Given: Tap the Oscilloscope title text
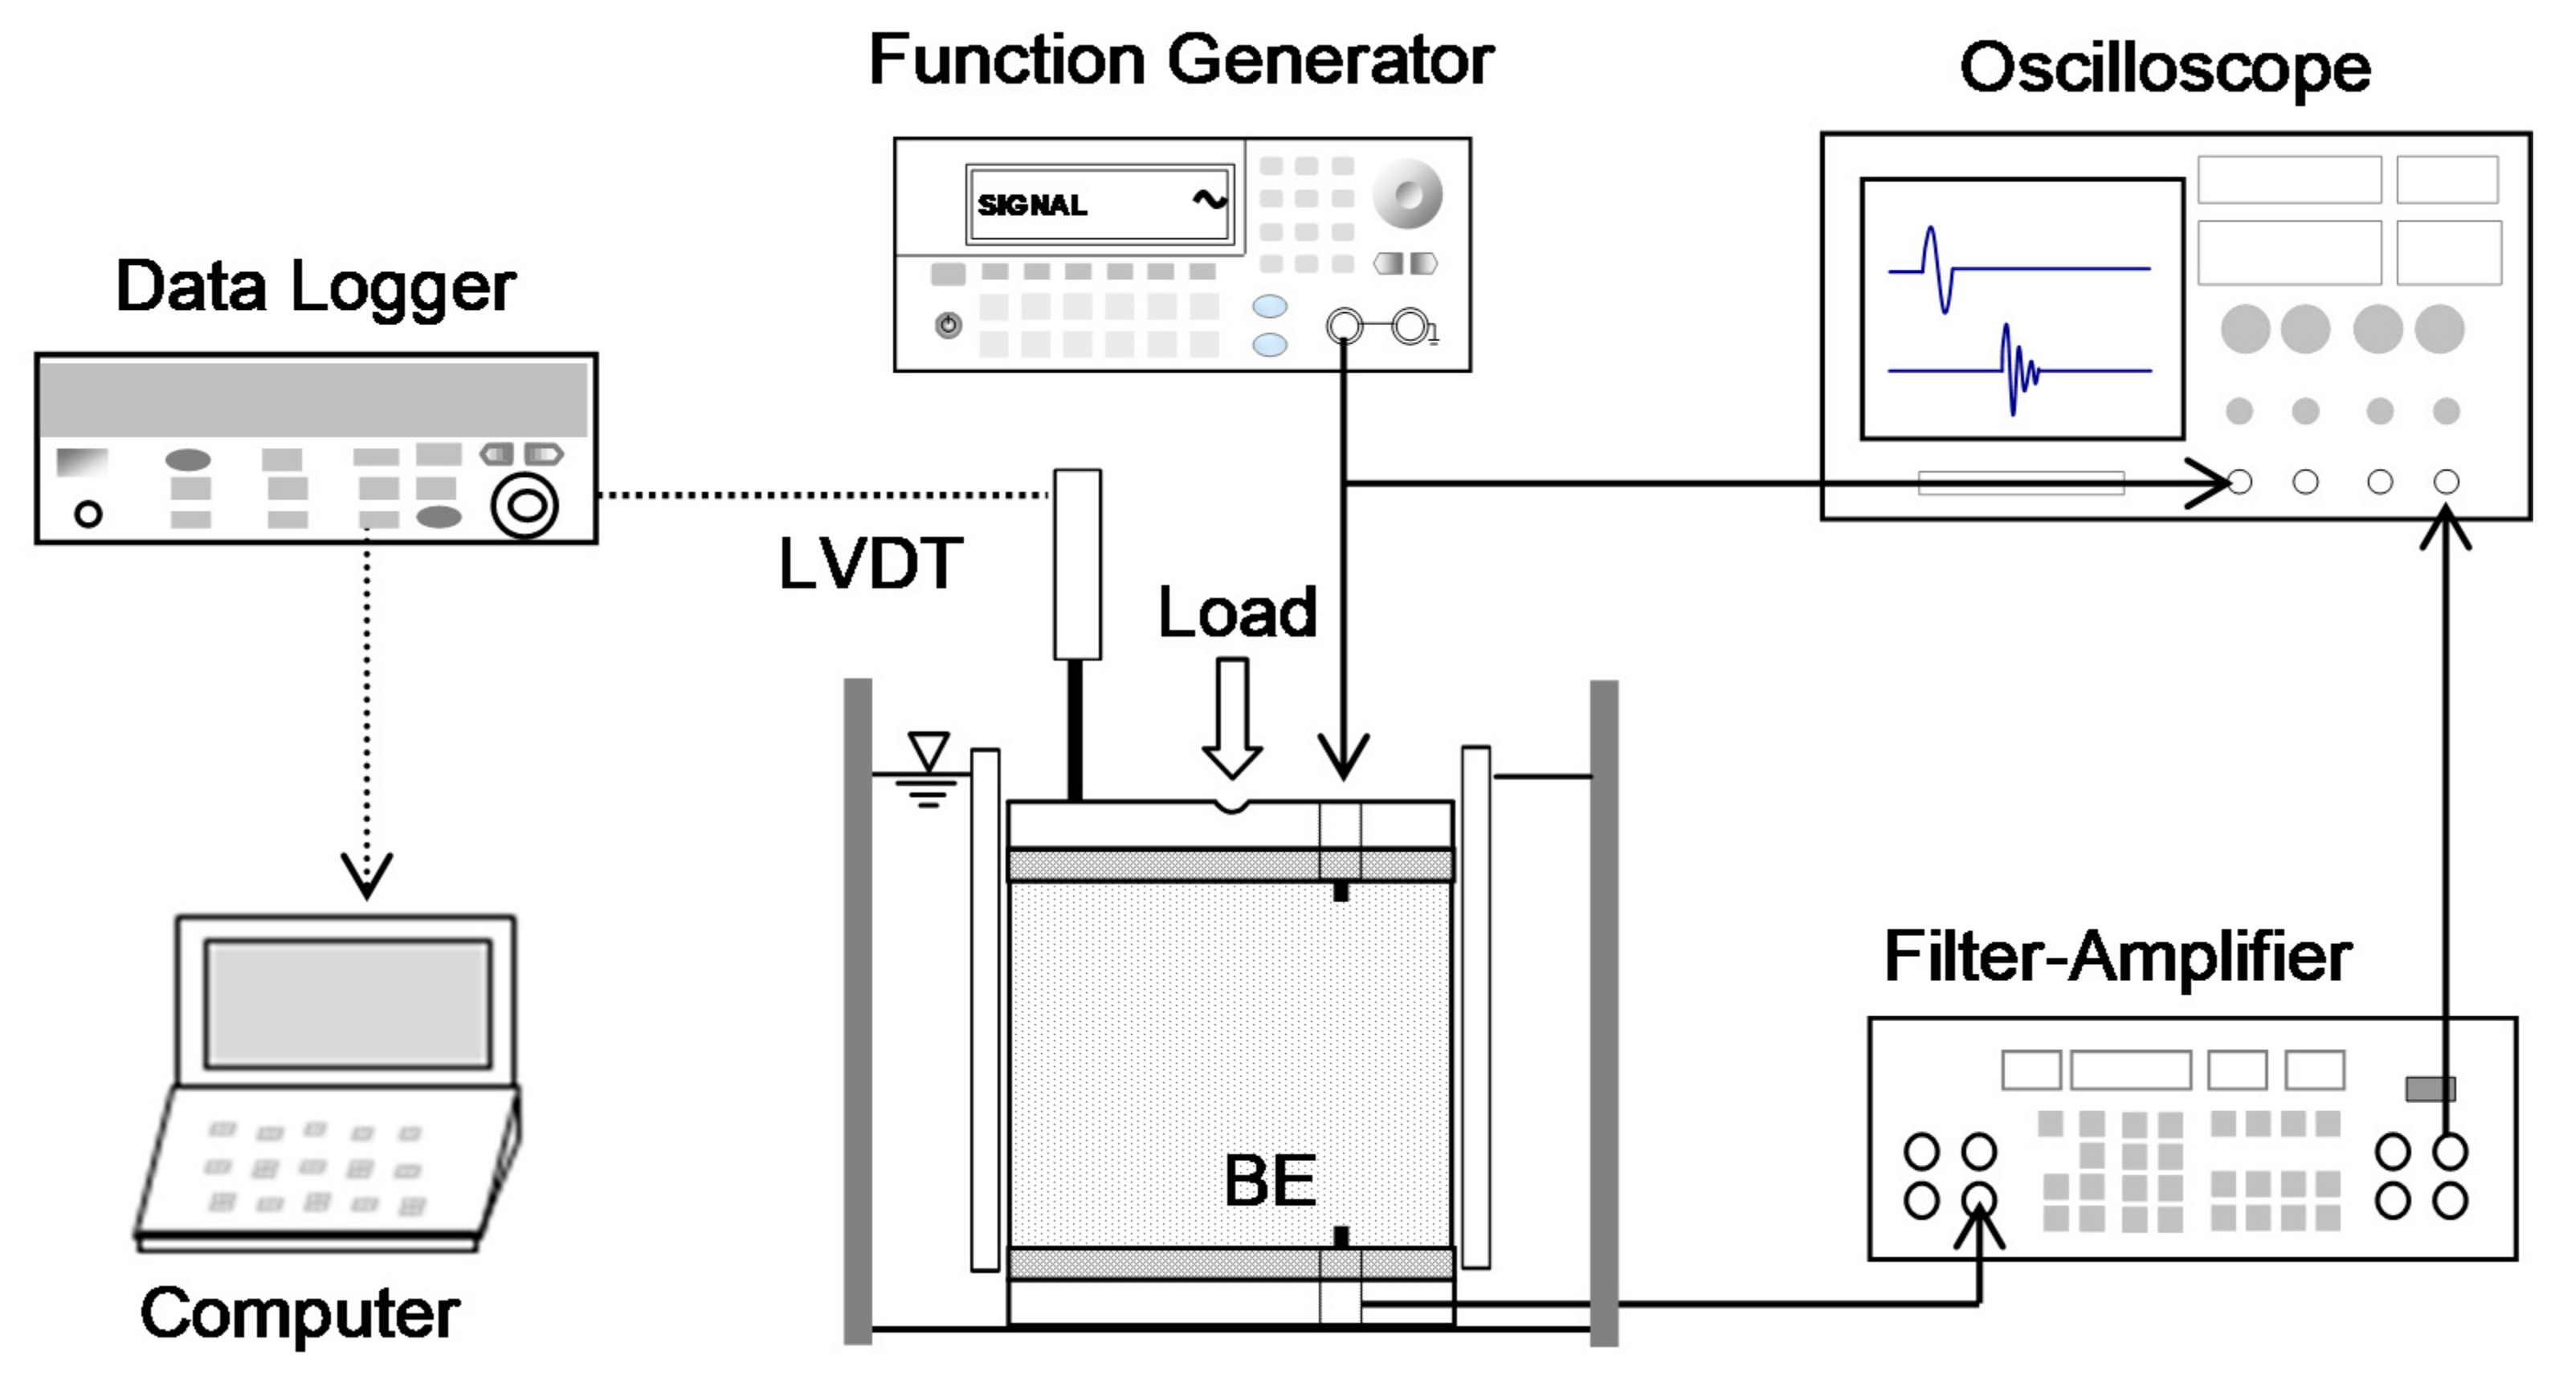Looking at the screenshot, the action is (x=2165, y=69).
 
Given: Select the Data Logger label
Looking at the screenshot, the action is (x=315, y=287).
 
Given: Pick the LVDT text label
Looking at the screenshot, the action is (x=871, y=564).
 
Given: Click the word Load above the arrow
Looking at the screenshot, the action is (x=1237, y=612).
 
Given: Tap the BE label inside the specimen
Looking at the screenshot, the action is (x=1271, y=1180).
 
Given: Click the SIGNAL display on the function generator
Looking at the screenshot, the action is (x=1100, y=204).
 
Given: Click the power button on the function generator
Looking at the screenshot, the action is (x=949, y=324).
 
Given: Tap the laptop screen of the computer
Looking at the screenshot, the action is (x=348, y=1003).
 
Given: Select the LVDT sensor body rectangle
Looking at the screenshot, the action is (x=1077, y=564).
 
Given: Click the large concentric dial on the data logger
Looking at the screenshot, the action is (x=524, y=506).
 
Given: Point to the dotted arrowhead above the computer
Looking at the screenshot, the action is (x=366, y=874).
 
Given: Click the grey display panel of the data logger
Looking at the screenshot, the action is (x=313, y=399).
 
